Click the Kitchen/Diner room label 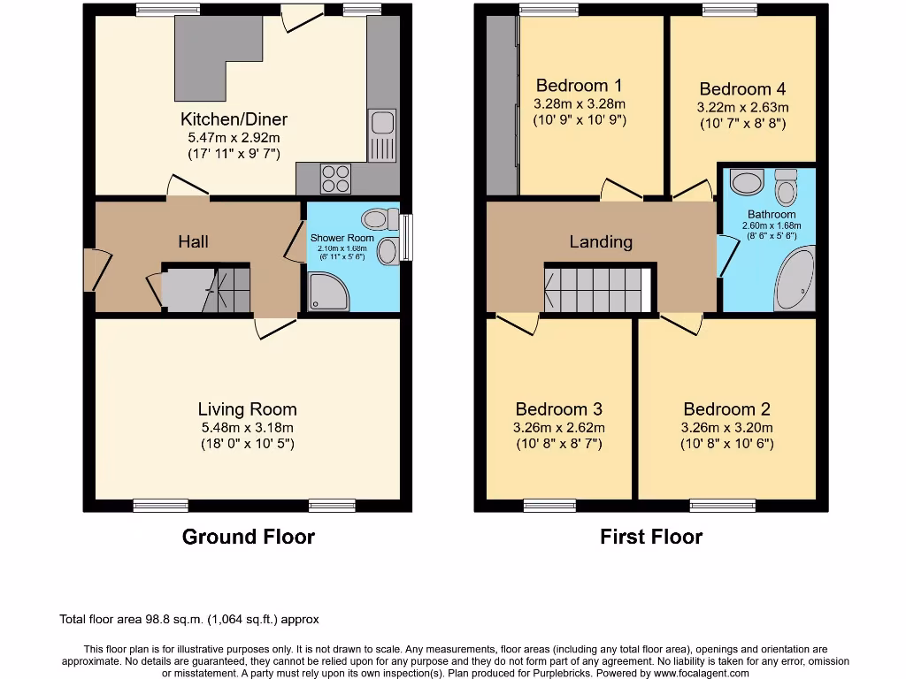(234, 119)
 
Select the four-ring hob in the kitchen (335, 179)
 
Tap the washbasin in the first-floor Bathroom (749, 183)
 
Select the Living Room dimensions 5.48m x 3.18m (247, 427)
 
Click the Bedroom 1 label (580, 86)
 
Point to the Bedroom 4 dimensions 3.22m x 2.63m (742, 108)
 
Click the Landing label (601, 241)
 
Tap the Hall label (193, 241)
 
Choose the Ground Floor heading (248, 537)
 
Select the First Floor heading (651, 537)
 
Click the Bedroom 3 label (559, 409)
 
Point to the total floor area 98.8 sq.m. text (188, 620)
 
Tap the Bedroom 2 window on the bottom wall (716, 506)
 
